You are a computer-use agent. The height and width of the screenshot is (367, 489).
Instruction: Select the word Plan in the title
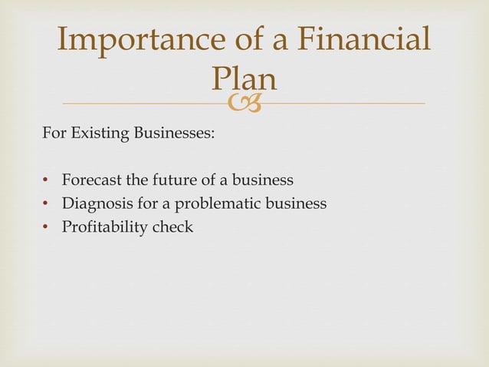coord(243,79)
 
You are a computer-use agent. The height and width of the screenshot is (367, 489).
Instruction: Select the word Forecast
coord(92,182)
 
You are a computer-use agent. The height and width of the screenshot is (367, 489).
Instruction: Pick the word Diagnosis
coord(95,204)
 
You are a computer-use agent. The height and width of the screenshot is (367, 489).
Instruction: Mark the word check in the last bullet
coord(172,227)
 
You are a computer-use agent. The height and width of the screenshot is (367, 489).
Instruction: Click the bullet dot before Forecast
coord(46,182)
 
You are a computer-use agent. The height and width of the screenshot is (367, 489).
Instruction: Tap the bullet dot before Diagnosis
coord(46,205)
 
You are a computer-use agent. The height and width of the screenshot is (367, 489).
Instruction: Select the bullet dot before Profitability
coord(46,227)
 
